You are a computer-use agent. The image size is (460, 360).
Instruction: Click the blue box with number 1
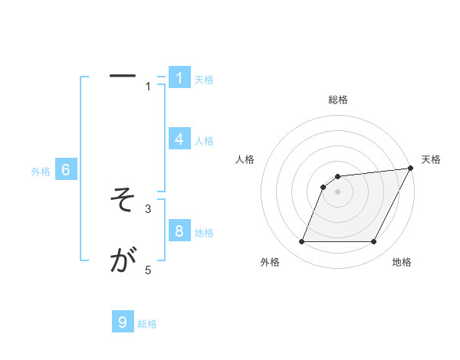[x=179, y=77]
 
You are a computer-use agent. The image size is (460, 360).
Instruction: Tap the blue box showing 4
[x=179, y=139]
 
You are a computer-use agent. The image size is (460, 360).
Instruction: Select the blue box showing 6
[x=66, y=170]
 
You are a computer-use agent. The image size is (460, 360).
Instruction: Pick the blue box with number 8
[x=179, y=231]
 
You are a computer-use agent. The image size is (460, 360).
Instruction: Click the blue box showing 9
[x=123, y=322]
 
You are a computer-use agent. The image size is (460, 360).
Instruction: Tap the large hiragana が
[x=123, y=262]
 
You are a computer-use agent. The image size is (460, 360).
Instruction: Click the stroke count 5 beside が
[x=149, y=270]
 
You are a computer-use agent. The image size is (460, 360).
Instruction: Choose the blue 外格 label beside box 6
[x=41, y=172]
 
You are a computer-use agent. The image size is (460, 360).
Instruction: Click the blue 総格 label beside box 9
[x=147, y=324]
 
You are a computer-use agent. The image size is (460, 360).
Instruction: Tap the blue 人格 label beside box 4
[x=204, y=141]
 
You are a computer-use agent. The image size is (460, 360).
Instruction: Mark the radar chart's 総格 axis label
[x=338, y=100]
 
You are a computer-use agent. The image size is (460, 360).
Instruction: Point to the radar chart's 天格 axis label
[x=432, y=159]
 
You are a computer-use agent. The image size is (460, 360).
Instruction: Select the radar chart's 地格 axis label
[x=402, y=263]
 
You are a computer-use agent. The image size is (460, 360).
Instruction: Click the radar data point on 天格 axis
[x=410, y=169]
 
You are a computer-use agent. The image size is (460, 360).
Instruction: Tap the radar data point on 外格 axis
[x=302, y=242]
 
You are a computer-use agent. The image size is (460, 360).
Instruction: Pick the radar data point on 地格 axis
[x=374, y=242]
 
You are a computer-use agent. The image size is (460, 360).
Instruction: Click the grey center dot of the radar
[x=338, y=192]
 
